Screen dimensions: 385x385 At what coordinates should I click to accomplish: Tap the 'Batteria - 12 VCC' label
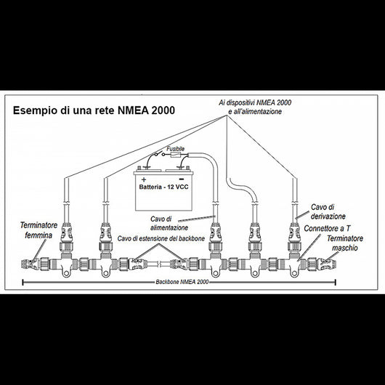[x=169, y=188]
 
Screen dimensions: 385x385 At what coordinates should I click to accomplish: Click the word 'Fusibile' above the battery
[x=175, y=148]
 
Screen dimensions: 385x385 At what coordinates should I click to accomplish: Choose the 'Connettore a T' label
[x=335, y=227]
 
